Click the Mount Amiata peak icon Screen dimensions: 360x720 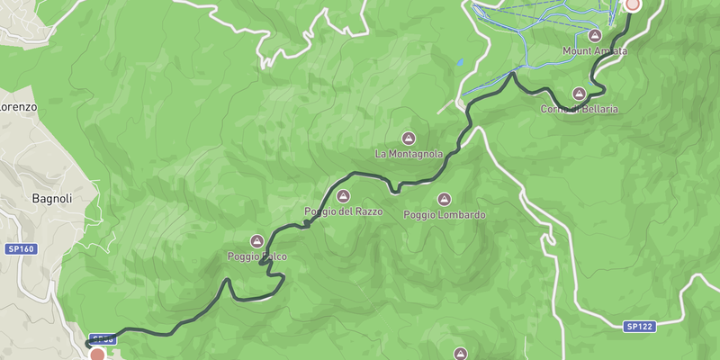click(594, 35)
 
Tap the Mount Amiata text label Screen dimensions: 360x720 click(595, 51)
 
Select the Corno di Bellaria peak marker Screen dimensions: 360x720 click(580, 94)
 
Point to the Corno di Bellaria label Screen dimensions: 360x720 click(580, 109)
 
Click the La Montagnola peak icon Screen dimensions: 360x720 click(409, 138)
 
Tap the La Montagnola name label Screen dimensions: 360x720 click(409, 154)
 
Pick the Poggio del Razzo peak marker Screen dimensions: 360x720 click(342, 196)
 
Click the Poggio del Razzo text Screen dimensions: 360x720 click(344, 211)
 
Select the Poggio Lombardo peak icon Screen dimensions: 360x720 click(444, 199)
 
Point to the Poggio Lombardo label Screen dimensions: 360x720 click(445, 215)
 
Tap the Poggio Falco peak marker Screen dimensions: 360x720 click(257, 241)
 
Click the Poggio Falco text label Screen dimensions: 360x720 click(257, 257)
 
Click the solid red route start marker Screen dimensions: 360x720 click(97, 355)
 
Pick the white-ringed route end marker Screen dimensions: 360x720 click(633, 4)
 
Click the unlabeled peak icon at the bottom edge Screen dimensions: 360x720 click(461, 354)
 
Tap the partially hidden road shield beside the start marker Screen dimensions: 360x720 click(103, 339)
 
